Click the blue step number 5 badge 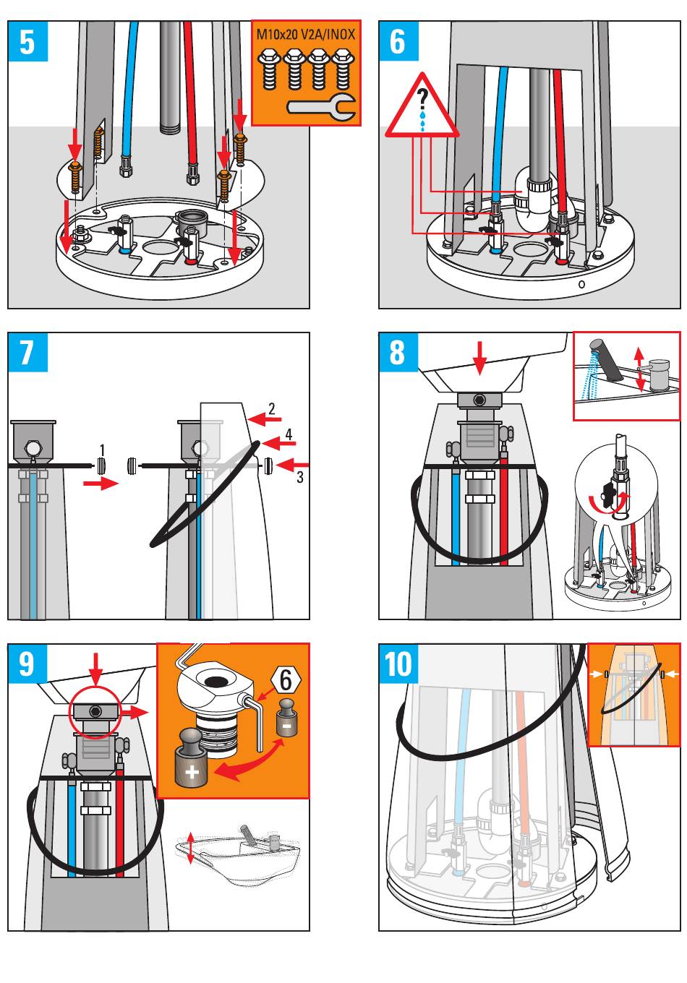pyautogui.click(x=27, y=41)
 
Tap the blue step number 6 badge pyautogui.click(x=398, y=41)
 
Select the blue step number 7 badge pyautogui.click(x=27, y=352)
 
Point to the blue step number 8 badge pyautogui.click(x=398, y=352)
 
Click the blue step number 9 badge pyautogui.click(x=27, y=663)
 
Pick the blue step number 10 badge pyautogui.click(x=398, y=663)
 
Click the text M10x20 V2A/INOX pyautogui.click(x=306, y=34)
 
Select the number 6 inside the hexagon pyautogui.click(x=286, y=679)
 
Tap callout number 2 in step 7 pyautogui.click(x=272, y=409)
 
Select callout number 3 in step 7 pyautogui.click(x=299, y=477)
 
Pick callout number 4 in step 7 pyautogui.click(x=289, y=434)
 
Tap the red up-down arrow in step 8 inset pyautogui.click(x=639, y=368)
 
